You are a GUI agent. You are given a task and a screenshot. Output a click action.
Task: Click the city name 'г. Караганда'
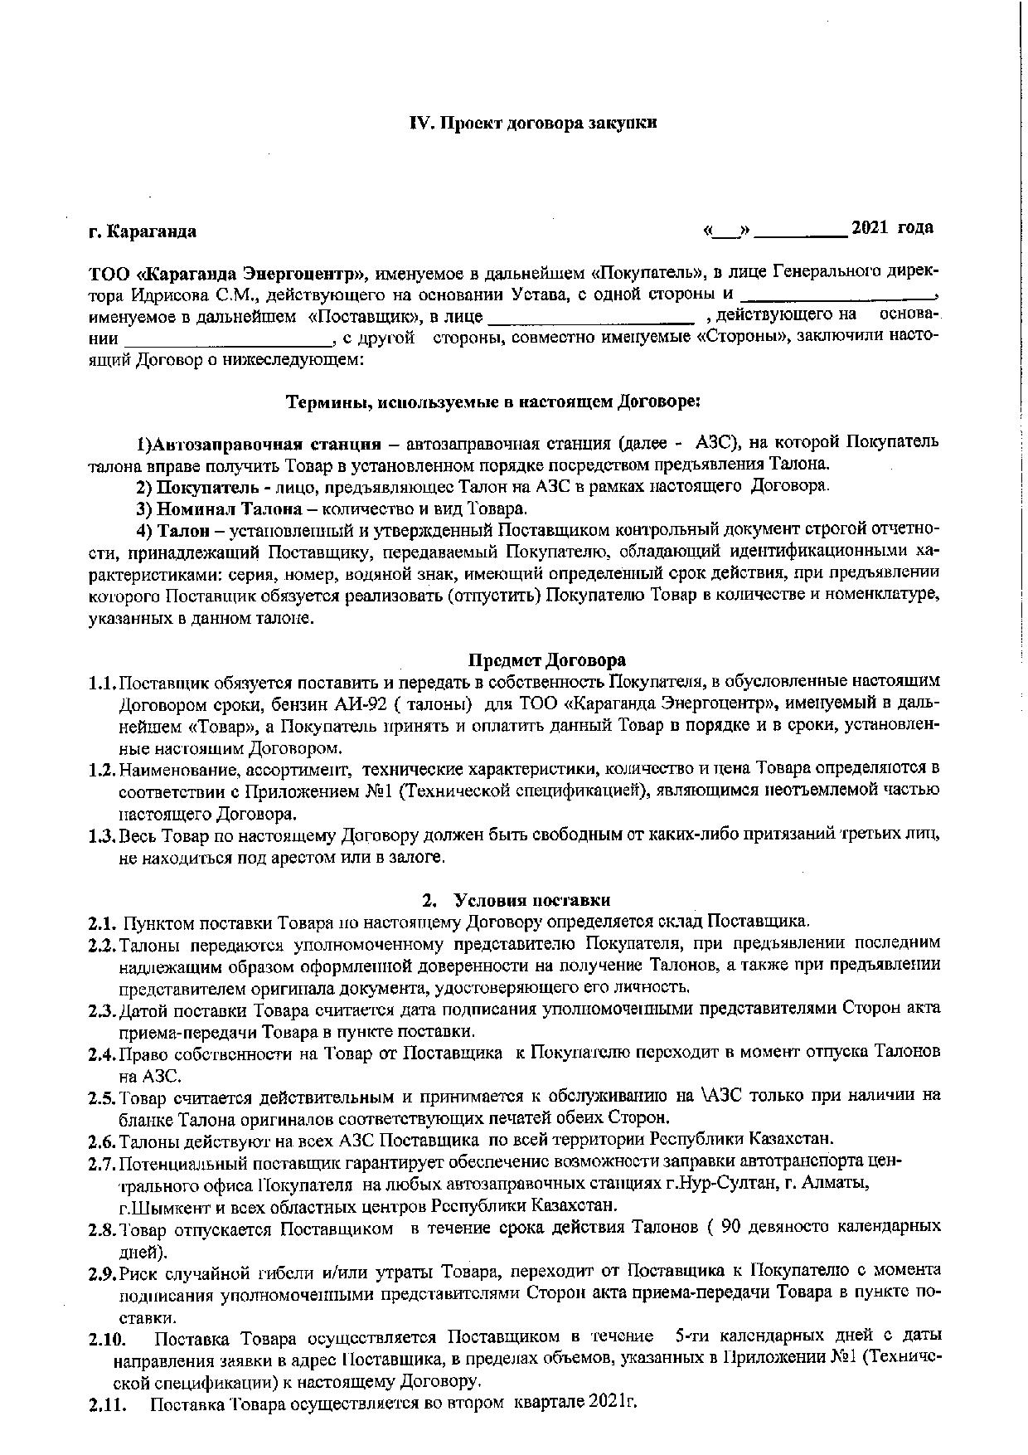point(143,231)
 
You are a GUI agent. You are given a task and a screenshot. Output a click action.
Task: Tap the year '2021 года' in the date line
point(892,228)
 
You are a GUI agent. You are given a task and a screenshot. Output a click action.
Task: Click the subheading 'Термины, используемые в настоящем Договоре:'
point(493,402)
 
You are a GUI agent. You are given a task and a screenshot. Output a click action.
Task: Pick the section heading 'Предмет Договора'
point(547,660)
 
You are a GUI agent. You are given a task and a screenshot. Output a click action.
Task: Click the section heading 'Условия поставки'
point(537,900)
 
